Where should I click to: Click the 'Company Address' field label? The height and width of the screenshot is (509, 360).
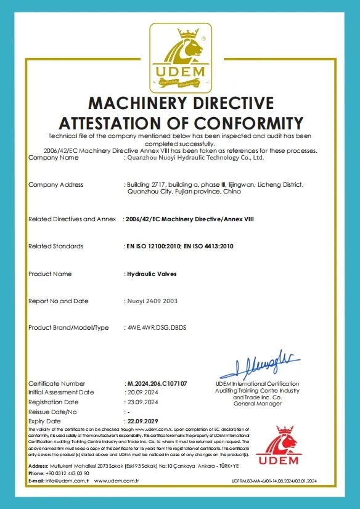55,185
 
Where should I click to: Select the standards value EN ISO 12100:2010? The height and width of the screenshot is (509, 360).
151,246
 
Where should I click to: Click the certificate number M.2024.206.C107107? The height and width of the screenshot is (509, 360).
156,384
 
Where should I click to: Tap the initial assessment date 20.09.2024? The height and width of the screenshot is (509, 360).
142,393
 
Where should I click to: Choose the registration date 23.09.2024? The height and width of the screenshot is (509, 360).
142,402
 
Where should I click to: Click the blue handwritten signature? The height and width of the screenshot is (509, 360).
259,364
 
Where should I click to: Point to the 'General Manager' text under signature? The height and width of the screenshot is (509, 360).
257,404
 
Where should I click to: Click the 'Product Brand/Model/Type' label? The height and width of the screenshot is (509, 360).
68,327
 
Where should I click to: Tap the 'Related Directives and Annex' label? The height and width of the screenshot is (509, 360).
72,219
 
